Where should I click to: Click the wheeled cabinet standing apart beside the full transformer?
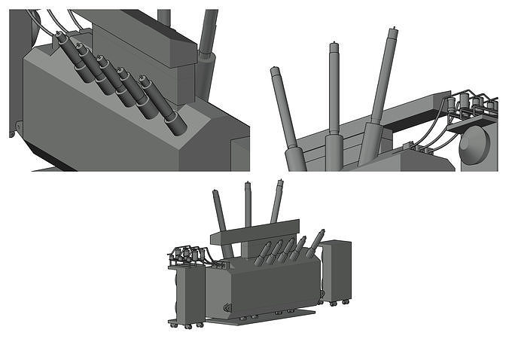click(336, 270)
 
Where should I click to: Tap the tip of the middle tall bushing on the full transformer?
click(248, 185)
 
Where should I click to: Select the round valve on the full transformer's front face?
click(226, 307)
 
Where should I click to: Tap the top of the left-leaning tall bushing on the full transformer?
click(215, 194)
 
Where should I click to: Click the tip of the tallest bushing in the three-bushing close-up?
click(392, 32)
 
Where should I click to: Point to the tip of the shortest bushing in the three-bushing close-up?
click(275, 71)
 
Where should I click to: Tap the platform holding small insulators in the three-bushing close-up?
click(471, 121)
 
